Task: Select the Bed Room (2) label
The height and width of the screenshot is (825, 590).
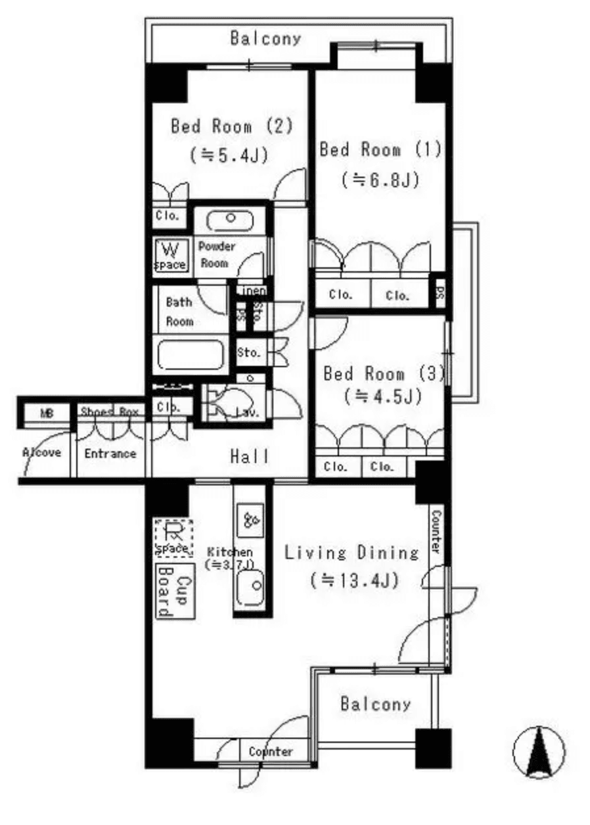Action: click(231, 125)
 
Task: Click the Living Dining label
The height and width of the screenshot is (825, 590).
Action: click(352, 552)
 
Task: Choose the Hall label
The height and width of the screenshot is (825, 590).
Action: click(250, 456)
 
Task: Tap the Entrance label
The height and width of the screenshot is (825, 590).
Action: click(110, 453)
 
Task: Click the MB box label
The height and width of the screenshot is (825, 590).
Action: click(46, 413)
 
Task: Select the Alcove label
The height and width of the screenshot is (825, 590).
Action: click(41, 453)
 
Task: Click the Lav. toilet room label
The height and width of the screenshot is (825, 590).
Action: click(247, 412)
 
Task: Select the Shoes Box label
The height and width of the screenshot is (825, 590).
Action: click(110, 412)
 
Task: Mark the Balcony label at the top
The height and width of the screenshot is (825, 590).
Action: click(265, 38)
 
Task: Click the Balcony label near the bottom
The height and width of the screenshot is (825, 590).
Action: click(375, 705)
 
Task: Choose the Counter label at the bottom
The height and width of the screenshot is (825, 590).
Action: click(270, 752)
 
